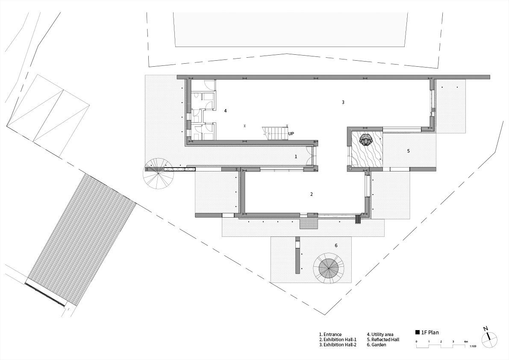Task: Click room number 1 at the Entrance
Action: pyautogui.click(x=296, y=156)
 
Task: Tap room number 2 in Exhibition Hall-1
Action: pyautogui.click(x=312, y=194)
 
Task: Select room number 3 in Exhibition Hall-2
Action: pyautogui.click(x=343, y=102)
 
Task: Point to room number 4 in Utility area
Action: pyautogui.click(x=225, y=111)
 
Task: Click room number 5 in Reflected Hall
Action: pyautogui.click(x=409, y=151)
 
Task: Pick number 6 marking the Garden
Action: pyautogui.click(x=336, y=245)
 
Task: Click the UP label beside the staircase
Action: pyautogui.click(x=291, y=133)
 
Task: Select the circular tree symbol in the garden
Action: pyautogui.click(x=329, y=268)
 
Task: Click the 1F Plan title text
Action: pyautogui.click(x=430, y=332)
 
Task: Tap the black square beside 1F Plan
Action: pyautogui.click(x=418, y=332)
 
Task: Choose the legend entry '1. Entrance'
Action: pyautogui.click(x=330, y=334)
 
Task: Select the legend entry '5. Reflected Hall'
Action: pyautogui.click(x=383, y=339)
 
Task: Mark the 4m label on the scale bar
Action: pyautogui.click(x=466, y=342)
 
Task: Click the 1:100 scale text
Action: pyautogui.click(x=473, y=347)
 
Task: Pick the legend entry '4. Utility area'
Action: pyautogui.click(x=380, y=334)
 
